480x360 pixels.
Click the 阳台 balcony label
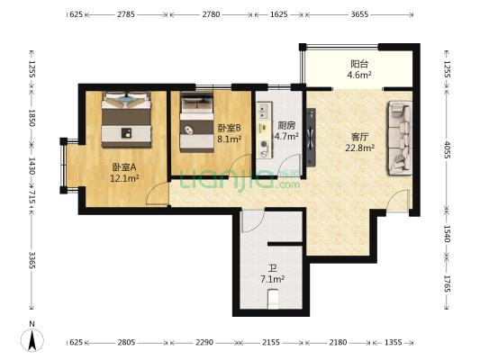358,64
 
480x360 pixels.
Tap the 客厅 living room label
360,137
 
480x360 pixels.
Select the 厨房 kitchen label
286,126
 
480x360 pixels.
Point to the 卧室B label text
228,128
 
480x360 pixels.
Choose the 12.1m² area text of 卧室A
123,178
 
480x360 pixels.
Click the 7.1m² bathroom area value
272,280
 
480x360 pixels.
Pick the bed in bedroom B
195,122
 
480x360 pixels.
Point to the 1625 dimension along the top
278,15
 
